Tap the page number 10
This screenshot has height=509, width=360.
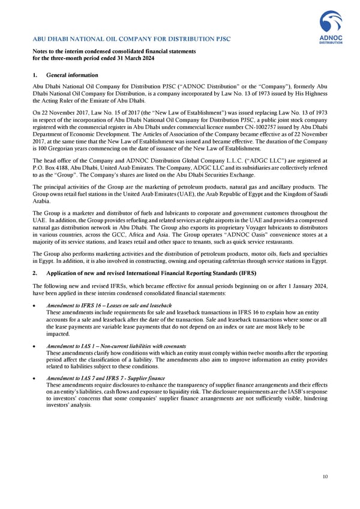[325, 477]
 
